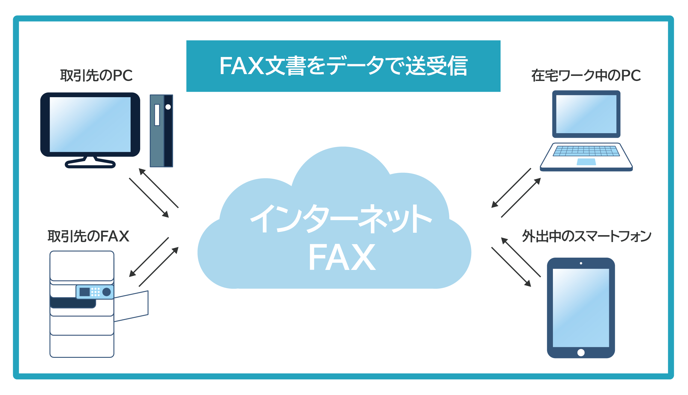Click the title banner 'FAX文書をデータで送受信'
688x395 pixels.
point(343,66)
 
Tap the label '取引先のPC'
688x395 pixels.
point(96,75)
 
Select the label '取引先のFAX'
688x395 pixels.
point(88,236)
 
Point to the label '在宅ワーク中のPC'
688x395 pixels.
point(586,75)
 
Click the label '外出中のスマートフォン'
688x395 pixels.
point(586,236)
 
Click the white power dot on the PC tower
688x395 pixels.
point(168,107)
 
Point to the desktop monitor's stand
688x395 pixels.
point(90,162)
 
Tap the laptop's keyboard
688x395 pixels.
point(586,151)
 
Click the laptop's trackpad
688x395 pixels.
point(586,162)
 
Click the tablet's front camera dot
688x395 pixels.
point(581,263)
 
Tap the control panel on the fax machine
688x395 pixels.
point(95,292)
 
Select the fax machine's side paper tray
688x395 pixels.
point(132,306)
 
